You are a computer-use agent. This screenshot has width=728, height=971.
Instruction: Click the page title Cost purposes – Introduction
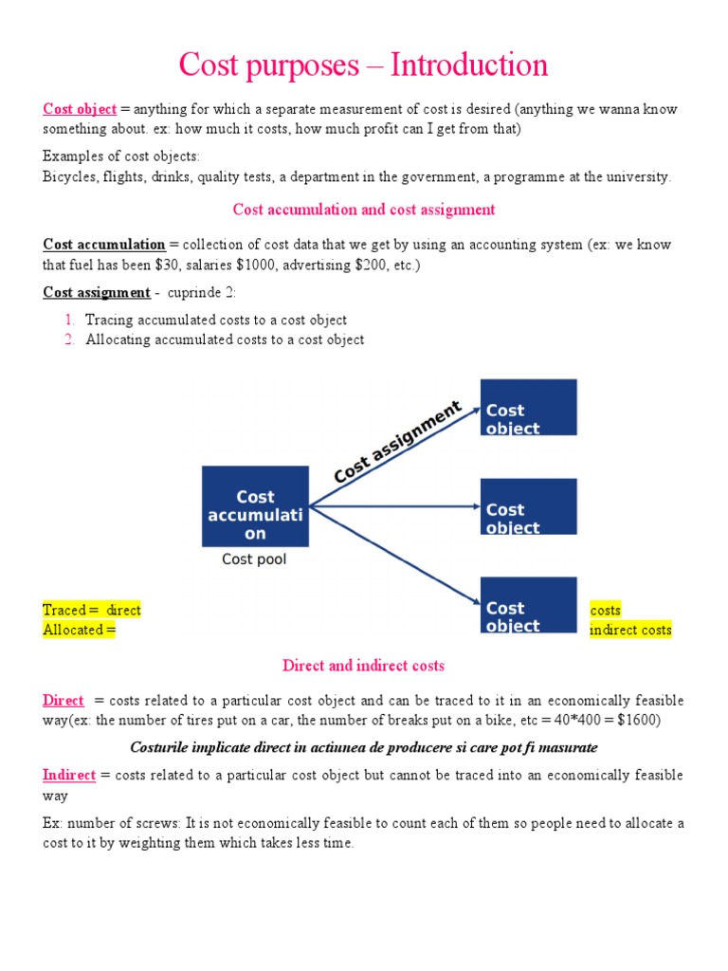(x=363, y=65)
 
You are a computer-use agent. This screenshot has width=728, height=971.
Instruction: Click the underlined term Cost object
(x=80, y=109)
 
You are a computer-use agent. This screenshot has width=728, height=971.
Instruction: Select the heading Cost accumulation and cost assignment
(x=364, y=210)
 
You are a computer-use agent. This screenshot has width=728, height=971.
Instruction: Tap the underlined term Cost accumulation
(x=104, y=245)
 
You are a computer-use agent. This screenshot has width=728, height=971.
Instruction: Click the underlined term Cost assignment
(x=96, y=293)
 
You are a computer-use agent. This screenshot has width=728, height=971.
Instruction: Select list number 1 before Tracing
(x=70, y=321)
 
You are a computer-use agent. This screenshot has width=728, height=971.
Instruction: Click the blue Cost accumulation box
(x=255, y=506)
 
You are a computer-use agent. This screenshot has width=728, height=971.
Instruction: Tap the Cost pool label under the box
(x=254, y=559)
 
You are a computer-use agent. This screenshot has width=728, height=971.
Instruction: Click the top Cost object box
(x=528, y=408)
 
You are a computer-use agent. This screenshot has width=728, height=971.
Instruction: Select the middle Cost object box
(x=528, y=506)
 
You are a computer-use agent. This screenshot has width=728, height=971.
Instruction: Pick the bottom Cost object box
(x=528, y=605)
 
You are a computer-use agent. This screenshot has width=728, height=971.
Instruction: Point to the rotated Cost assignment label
(x=397, y=441)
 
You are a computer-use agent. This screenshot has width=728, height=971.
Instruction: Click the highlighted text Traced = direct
(x=92, y=611)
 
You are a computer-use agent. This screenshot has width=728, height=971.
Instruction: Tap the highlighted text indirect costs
(x=630, y=630)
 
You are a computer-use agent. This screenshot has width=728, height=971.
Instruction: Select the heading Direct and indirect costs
(x=363, y=666)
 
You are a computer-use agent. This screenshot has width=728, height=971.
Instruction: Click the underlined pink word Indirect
(x=69, y=776)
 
